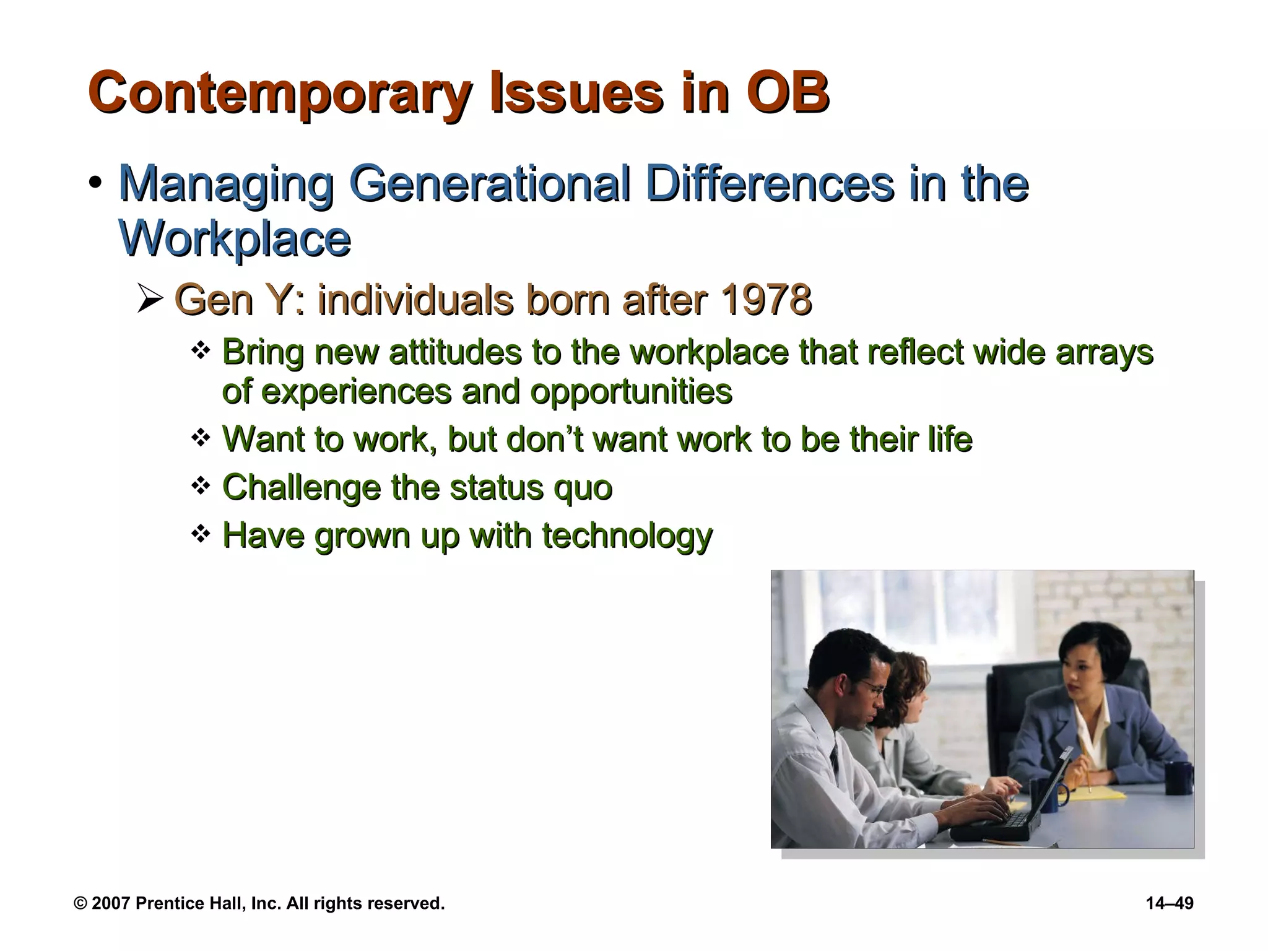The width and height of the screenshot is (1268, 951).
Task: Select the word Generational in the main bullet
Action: point(489,184)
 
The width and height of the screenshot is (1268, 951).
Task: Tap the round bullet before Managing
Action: point(95,184)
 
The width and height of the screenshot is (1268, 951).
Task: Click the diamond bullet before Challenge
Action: point(200,486)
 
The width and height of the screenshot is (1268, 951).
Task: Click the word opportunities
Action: point(631,391)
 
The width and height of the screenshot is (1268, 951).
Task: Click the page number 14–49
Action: point(1169,903)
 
